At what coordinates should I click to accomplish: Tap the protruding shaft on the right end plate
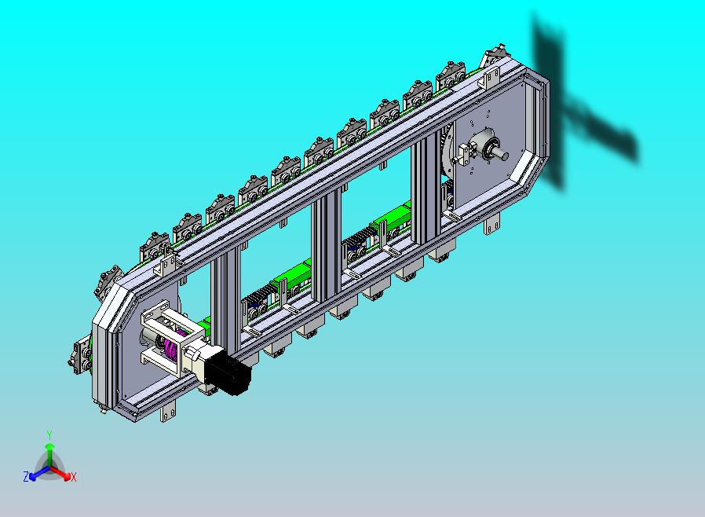[x=501, y=154]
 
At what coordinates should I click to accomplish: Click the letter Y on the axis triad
[x=49, y=434]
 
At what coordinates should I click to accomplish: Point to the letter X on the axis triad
[x=74, y=477]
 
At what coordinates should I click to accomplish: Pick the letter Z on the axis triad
[x=26, y=476]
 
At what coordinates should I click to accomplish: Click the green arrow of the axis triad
[x=49, y=456]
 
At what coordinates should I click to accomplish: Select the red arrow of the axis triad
[x=60, y=473]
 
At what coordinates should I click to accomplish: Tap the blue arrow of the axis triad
[x=38, y=473]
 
